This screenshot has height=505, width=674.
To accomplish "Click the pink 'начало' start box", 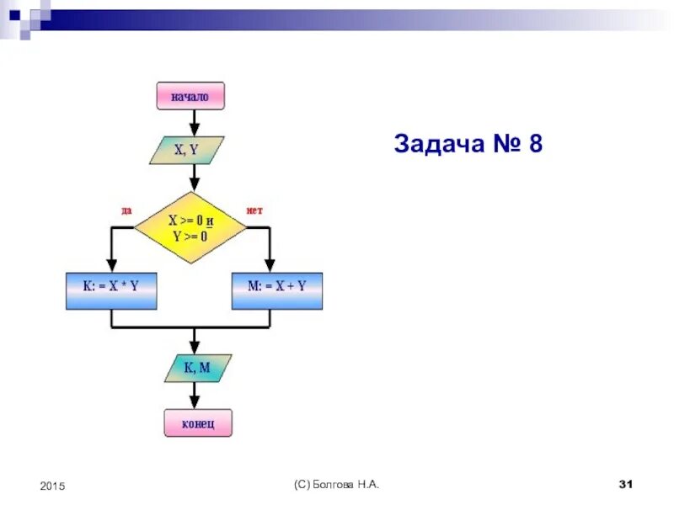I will click(x=192, y=97).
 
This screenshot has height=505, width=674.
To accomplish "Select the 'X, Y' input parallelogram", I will click(x=187, y=151).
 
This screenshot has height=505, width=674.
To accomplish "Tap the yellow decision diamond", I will click(x=190, y=227).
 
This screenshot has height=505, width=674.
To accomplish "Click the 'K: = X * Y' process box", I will click(x=111, y=290).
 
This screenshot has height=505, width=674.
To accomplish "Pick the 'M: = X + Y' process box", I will click(x=277, y=290).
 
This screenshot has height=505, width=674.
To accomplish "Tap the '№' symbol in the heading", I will click(x=503, y=145).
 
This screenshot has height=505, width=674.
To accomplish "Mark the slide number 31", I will click(x=625, y=485).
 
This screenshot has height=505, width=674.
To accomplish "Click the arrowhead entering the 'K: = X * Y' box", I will click(x=111, y=267).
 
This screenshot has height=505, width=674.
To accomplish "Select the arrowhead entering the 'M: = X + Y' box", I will click(x=270, y=267).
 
